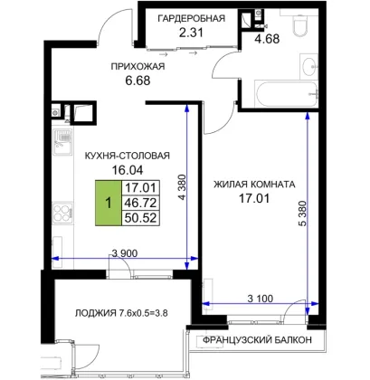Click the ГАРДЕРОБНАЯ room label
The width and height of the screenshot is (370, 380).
(x=192, y=18)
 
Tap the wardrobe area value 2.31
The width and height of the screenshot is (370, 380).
(x=191, y=33)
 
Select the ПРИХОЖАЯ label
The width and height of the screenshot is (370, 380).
(x=138, y=66)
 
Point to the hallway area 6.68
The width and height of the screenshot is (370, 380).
(x=138, y=81)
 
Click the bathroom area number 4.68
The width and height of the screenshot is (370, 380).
(x=267, y=39)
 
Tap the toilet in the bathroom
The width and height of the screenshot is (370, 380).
(x=299, y=22)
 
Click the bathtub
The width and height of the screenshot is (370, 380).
(x=286, y=93)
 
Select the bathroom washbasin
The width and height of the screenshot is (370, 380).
(x=308, y=65)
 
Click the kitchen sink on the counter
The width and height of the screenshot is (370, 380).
(x=62, y=141)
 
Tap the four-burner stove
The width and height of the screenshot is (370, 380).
(x=63, y=213)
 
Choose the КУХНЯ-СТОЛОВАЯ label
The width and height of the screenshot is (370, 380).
(x=128, y=156)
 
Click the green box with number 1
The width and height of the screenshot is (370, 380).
(x=109, y=203)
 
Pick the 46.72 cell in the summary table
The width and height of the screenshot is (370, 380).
(x=140, y=203)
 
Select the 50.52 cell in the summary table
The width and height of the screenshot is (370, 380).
(x=140, y=218)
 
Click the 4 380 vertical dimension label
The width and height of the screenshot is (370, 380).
(x=183, y=187)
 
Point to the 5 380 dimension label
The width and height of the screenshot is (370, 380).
(x=302, y=214)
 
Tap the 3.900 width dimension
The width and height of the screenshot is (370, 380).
(x=125, y=253)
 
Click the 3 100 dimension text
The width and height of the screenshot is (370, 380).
(x=261, y=299)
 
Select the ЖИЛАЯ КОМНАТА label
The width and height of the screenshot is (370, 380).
(x=254, y=184)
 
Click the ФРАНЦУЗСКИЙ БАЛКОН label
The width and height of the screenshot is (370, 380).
(x=257, y=340)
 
